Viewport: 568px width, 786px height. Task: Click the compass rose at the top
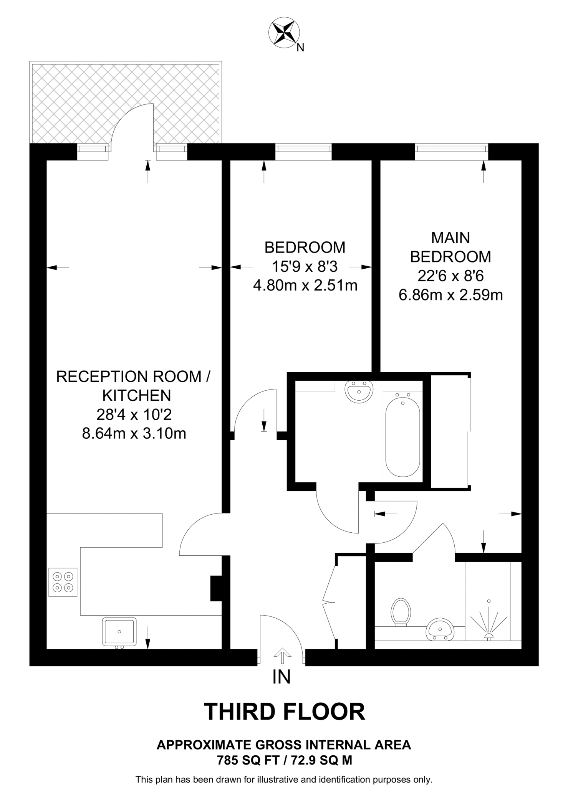[x=284, y=33]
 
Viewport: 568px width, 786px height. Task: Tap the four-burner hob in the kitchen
[x=63, y=582]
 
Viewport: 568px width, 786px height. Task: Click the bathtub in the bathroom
[x=402, y=437]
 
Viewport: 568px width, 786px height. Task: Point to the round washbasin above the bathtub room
[x=359, y=391]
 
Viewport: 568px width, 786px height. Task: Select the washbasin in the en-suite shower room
[x=440, y=629]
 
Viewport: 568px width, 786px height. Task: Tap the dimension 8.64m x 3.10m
[x=134, y=434]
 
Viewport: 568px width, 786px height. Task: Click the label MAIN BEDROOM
[x=450, y=247]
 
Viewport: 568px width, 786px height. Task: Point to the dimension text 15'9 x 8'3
[x=305, y=266]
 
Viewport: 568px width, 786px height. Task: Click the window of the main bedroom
[x=451, y=151]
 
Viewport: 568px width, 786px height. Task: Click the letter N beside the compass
[x=301, y=48]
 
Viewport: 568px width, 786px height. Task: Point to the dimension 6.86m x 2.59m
[x=450, y=295]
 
